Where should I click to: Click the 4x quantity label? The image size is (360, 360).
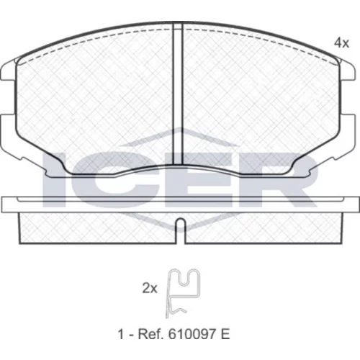[342, 43]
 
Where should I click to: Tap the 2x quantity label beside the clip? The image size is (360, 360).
[150, 288]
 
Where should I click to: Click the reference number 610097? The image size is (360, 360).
[192, 334]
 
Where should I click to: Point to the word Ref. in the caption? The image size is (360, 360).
[150, 334]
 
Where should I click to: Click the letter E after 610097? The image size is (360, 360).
[225, 334]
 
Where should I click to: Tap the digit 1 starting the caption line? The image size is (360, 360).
[121, 334]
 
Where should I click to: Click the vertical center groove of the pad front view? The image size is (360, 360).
[178, 94]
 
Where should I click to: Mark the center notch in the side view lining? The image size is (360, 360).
[181, 230]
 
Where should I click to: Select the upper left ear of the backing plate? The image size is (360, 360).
[9, 70]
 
